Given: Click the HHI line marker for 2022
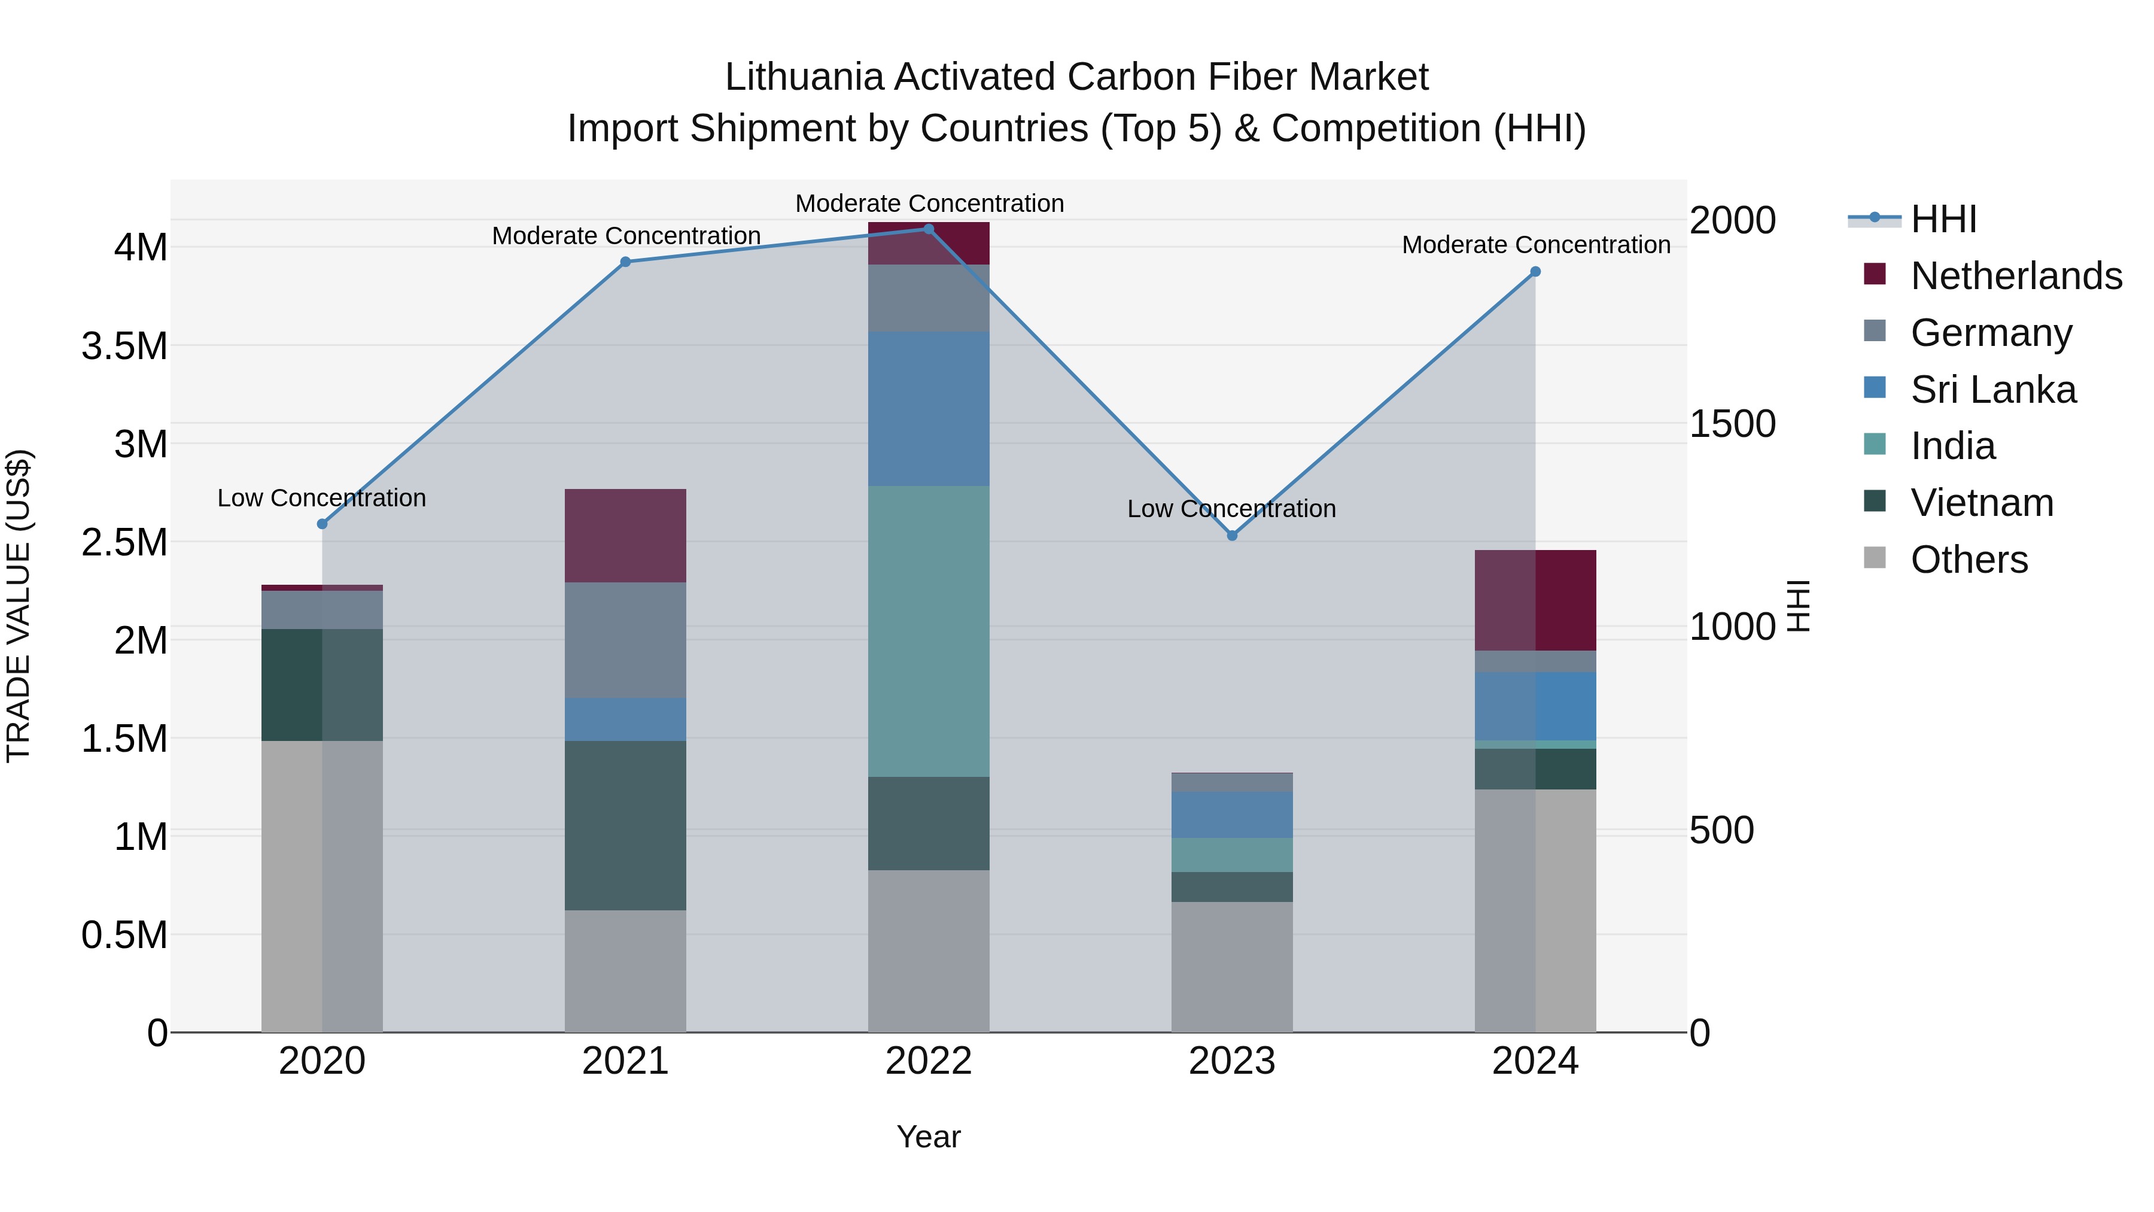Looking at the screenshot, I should [x=928, y=229].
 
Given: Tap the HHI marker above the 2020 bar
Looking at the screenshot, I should [x=322, y=524].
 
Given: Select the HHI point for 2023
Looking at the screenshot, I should [x=1232, y=535].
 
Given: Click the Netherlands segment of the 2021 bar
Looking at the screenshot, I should [x=625, y=535].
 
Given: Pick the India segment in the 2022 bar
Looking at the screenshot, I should [x=928, y=631].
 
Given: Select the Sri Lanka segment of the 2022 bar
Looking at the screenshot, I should [x=928, y=408].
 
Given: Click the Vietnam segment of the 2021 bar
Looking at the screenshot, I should [x=625, y=825].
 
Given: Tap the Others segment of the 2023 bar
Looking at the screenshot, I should [x=1232, y=966].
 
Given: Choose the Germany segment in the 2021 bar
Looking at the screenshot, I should [x=625, y=640].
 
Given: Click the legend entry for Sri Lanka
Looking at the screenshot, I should [x=1992, y=390].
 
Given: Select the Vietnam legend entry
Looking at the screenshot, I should [x=1982, y=503].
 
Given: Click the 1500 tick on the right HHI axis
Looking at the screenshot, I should [x=1733, y=424].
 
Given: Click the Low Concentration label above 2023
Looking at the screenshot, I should [x=1232, y=509].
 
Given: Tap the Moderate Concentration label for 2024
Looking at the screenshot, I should [x=1536, y=245].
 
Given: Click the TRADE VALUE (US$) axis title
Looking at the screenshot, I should [x=19, y=606].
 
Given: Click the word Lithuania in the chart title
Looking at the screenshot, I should [x=804, y=77].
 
